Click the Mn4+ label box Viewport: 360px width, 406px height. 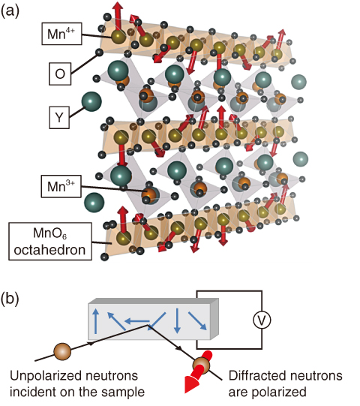click(x=61, y=34)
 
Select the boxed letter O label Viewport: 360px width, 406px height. click(x=60, y=74)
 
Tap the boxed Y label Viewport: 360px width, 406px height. click(x=59, y=117)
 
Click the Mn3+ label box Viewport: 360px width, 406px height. click(x=61, y=186)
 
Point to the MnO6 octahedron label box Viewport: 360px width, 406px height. click(x=50, y=242)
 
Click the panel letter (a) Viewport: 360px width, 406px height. click(x=10, y=12)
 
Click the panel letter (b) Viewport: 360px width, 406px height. click(x=10, y=299)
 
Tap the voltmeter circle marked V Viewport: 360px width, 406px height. click(x=262, y=320)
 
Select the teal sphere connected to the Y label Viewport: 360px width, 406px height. click(x=91, y=101)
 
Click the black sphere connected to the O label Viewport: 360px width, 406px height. click(x=99, y=53)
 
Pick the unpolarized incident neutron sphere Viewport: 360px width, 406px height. click(x=62, y=352)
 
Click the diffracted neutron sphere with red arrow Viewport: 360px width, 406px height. click(x=201, y=365)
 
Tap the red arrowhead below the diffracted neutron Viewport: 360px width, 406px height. click(x=191, y=384)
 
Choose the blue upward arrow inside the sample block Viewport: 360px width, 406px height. click(x=96, y=320)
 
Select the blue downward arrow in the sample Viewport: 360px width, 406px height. click(x=177, y=320)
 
